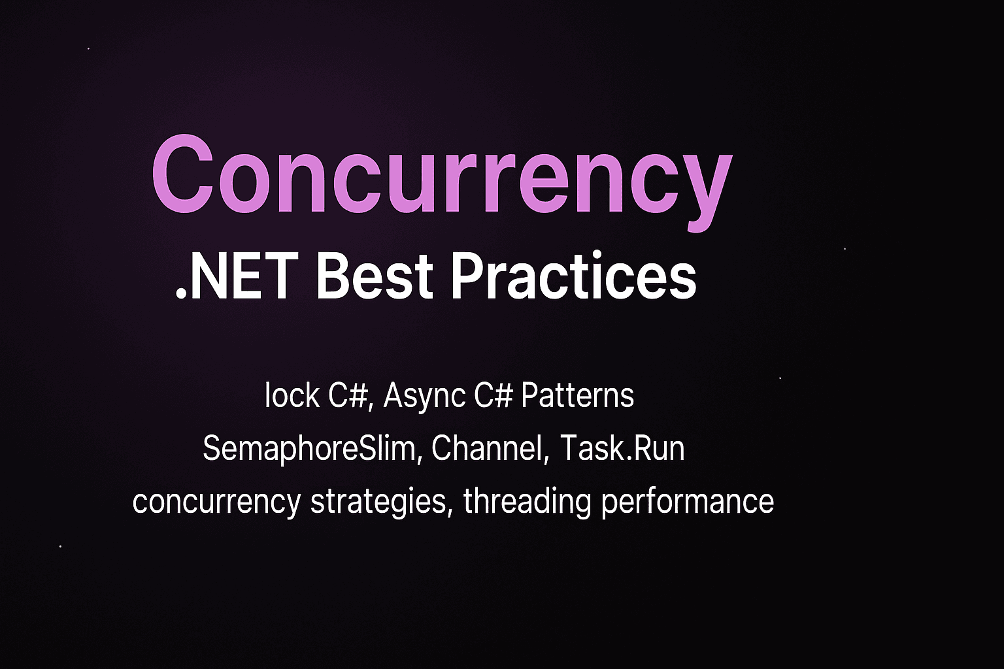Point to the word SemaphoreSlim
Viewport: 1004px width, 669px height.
click(x=310, y=449)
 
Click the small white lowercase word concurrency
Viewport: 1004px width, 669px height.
click(x=216, y=502)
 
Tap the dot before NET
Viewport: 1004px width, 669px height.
click(x=181, y=295)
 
